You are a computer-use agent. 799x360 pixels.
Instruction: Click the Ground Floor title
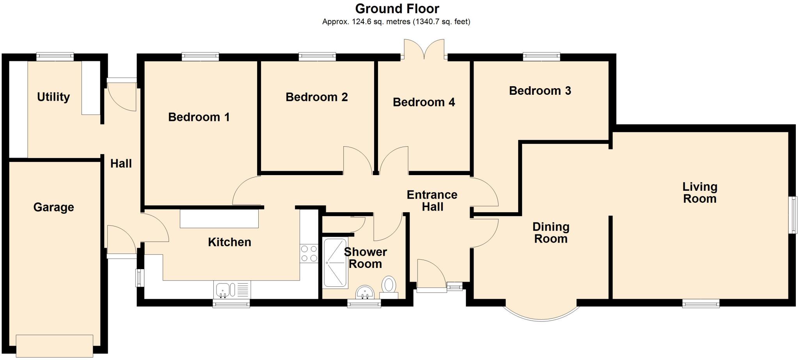click(397, 9)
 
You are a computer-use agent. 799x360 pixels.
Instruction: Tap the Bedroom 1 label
click(199, 117)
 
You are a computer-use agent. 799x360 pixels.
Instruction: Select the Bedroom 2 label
click(316, 97)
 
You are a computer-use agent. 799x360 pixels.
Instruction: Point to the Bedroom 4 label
click(424, 102)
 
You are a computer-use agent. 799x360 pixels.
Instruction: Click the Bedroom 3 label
click(540, 91)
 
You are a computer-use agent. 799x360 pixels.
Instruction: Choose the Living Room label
click(700, 193)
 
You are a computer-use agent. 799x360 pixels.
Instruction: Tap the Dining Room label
click(550, 232)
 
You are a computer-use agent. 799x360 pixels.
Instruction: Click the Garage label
click(53, 207)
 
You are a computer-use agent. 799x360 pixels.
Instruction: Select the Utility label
click(53, 97)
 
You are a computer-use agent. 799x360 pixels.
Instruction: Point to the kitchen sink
click(223, 290)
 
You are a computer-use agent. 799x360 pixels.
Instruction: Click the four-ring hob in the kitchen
click(309, 254)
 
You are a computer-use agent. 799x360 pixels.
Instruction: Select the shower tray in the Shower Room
click(335, 263)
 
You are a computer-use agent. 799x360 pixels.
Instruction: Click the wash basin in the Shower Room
click(365, 292)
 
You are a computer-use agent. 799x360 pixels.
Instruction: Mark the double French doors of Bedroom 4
click(424, 50)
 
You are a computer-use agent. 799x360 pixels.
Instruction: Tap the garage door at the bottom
click(54, 345)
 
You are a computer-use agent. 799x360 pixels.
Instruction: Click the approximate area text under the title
click(396, 22)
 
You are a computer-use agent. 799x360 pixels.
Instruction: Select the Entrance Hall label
click(432, 200)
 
